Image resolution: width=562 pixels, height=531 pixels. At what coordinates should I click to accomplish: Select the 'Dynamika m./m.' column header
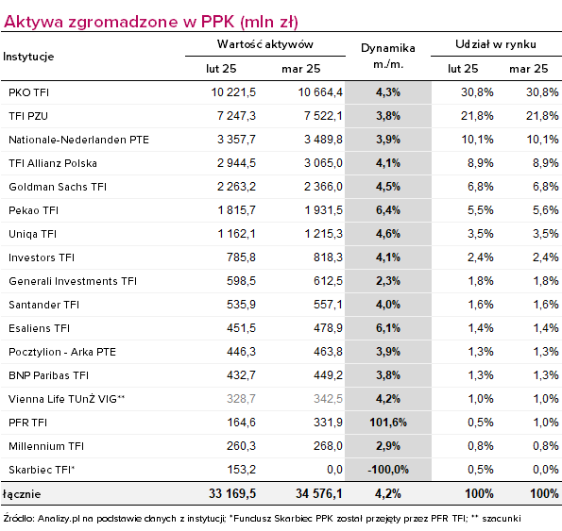click(x=388, y=56)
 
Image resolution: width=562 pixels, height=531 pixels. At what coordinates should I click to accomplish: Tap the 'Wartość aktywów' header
click(x=265, y=44)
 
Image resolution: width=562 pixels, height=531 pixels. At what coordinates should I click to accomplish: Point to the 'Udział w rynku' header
click(x=496, y=44)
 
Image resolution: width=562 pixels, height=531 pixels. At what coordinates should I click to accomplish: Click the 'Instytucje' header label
click(x=28, y=57)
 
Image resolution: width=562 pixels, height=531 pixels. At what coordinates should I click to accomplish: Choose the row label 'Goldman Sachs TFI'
click(x=58, y=187)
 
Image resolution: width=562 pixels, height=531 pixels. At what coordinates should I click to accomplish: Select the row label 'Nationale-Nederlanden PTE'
click(x=78, y=140)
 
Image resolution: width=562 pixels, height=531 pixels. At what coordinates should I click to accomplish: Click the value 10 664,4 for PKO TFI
click(x=320, y=92)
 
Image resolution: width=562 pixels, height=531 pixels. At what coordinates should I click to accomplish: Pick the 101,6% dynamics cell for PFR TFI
click(x=388, y=423)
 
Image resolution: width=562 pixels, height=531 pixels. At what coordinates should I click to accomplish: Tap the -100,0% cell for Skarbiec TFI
click(x=388, y=470)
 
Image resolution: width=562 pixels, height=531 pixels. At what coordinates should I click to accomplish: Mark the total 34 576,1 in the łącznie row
click(x=319, y=494)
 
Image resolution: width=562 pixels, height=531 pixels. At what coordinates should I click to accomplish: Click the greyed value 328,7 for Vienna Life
click(x=241, y=399)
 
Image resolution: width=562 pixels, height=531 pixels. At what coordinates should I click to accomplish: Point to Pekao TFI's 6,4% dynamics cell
click(x=388, y=210)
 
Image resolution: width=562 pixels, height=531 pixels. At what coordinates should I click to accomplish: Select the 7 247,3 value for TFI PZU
click(x=236, y=116)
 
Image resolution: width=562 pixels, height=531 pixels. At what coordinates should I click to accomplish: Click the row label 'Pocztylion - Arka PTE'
click(x=62, y=352)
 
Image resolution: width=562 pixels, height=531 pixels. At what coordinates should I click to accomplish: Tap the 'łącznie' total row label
click(x=22, y=494)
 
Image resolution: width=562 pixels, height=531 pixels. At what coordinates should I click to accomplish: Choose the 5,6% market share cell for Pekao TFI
click(x=545, y=210)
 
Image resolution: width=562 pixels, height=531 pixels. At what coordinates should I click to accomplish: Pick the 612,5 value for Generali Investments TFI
click(x=328, y=281)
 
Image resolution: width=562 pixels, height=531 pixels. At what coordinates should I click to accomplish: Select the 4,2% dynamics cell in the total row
click(x=388, y=494)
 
